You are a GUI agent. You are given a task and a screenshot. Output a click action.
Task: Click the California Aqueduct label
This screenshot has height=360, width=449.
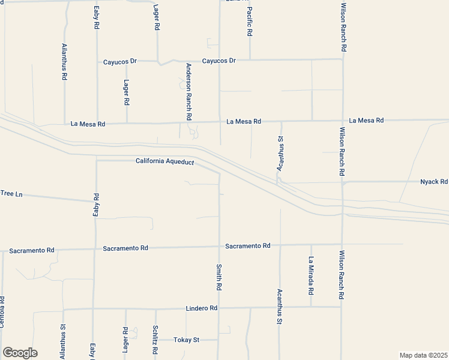pos(164,161)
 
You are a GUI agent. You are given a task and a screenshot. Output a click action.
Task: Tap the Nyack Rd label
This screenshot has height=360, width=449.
pos(433,181)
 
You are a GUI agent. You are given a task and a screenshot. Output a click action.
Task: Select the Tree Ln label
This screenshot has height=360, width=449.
pos(11,193)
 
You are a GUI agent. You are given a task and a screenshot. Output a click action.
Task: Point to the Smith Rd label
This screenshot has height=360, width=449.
pos(219,277)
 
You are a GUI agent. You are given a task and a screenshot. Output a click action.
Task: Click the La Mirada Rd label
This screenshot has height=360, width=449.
pos(311,275)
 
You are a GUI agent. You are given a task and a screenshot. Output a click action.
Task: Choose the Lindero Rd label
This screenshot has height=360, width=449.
pos(200,308)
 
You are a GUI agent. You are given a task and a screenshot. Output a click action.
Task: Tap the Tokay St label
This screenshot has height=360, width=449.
pos(186,340)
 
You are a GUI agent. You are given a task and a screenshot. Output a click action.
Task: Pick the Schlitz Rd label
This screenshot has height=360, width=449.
pos(155,340)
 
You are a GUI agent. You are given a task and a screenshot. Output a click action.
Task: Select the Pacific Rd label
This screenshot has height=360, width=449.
pos(250,22)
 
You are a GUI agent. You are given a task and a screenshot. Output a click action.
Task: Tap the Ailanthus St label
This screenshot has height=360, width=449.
pos(63,342)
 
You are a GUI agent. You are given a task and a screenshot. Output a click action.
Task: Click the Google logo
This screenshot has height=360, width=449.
pos(20,353)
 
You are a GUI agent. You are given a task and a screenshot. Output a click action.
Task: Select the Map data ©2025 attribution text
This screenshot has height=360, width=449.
pos(423,355)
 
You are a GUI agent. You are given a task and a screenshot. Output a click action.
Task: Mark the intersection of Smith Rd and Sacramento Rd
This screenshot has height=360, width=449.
pos(219,245)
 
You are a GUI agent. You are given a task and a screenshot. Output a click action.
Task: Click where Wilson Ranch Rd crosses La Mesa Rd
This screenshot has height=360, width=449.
pos(342,120)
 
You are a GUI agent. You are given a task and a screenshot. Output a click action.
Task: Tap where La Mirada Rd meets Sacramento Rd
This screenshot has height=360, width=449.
pos(311,244)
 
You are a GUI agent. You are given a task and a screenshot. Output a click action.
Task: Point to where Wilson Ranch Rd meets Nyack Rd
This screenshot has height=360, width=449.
pos(342,181)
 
